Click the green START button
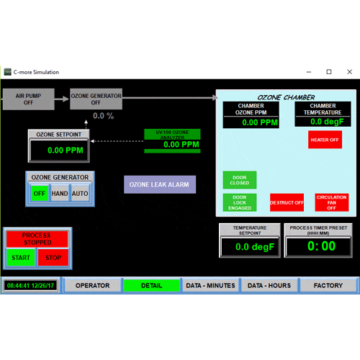coord(21,258)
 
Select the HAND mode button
coord(60,193)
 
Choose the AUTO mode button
coord(80,193)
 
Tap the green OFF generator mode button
coord(40,193)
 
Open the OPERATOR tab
coord(92,285)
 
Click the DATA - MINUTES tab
coord(210,285)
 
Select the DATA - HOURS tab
coord(269,285)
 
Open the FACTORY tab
coord(328,285)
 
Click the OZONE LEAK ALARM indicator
coord(160,184)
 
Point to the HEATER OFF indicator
coord(325,140)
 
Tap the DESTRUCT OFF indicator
coord(287,202)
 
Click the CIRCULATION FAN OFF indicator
coord(332,202)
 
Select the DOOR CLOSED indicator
coord(240,180)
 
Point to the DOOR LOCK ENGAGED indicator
coord(240,202)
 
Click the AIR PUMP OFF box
coord(29,99)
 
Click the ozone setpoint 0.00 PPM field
coord(59,150)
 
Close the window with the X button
coord(349,72)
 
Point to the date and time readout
coord(30,286)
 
